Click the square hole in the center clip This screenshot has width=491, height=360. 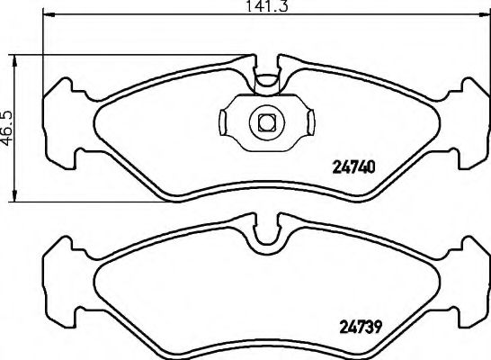[266, 121]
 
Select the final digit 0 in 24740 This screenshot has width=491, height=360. [370, 166]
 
